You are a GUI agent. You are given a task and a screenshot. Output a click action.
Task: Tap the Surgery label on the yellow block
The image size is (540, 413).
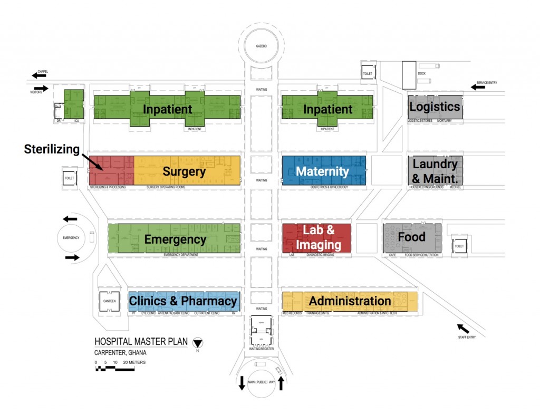tap(184, 171)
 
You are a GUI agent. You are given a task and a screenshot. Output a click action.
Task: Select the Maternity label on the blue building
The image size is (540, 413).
tap(322, 171)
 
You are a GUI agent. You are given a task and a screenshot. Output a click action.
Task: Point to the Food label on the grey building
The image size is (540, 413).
tap(411, 237)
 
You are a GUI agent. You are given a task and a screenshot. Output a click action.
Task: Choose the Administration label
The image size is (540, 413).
tap(350, 301)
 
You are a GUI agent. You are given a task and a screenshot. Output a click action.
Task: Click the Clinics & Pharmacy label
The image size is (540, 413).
tap(183, 301)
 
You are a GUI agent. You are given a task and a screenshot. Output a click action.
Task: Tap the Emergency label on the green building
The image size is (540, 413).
tap(175, 239)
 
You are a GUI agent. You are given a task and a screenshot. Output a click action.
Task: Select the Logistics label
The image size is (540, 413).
tap(435, 107)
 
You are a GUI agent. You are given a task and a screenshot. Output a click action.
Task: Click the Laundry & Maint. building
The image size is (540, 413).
tap(435, 171)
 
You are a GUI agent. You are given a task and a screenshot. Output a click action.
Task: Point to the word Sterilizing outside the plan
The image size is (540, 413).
tap(52, 149)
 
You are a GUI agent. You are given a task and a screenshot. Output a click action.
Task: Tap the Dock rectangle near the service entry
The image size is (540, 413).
tap(409, 75)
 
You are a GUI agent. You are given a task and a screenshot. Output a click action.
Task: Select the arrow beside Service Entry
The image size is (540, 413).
tap(478, 87)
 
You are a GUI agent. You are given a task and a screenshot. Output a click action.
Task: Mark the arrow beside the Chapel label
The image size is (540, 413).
tap(39, 75)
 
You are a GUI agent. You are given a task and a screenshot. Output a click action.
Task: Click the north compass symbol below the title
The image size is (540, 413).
tap(198, 343)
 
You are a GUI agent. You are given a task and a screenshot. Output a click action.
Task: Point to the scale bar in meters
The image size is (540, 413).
tap(114, 369)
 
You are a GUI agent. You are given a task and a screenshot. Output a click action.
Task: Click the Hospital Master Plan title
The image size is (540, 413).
tap(141, 341)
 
